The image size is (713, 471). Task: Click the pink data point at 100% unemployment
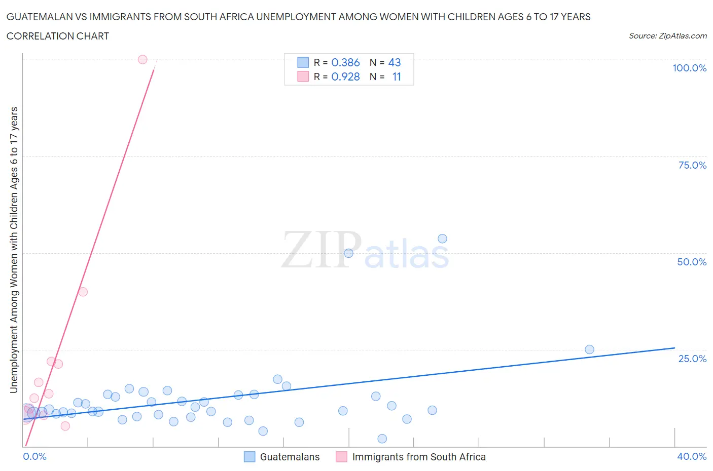[142, 60]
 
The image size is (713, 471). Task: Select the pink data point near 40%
[83, 292]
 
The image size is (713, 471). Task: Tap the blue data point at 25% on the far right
[589, 349]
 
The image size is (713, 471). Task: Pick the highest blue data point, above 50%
[442, 239]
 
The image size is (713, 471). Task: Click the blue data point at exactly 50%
[348, 253]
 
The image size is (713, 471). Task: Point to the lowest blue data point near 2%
[382, 439]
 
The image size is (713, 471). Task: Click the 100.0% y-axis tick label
[689, 68]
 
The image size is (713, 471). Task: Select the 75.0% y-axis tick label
[692, 165]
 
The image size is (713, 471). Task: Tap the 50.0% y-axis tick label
[692, 262]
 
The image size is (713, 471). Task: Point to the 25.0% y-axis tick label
[692, 359]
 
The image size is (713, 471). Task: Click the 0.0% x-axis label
[35, 456]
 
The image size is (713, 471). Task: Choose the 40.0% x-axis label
[692, 456]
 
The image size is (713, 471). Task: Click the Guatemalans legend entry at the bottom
[290, 457]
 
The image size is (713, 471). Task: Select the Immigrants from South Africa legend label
[419, 457]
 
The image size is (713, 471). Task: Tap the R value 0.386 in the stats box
[345, 62]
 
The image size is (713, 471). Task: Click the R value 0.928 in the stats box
[345, 76]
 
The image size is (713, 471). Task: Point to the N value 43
[395, 62]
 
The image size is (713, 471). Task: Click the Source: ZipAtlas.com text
[667, 35]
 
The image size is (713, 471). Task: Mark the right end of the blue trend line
[674, 348]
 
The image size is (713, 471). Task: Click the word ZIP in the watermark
[322, 250]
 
